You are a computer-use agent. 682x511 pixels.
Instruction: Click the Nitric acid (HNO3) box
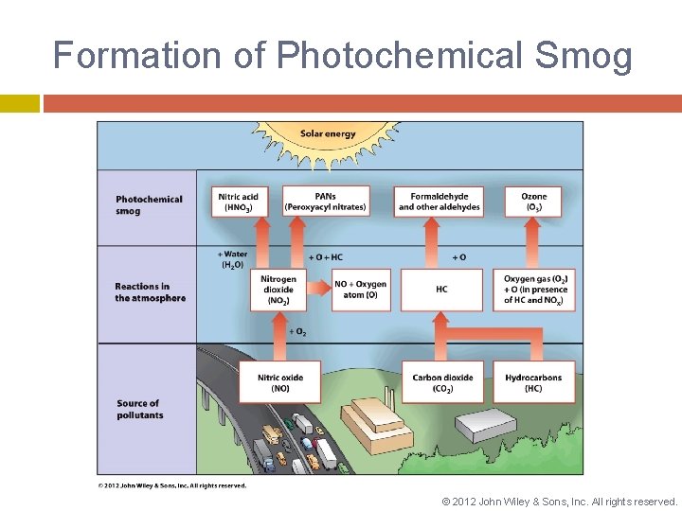(x=239, y=202)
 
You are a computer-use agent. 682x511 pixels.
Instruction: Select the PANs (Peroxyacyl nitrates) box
(x=325, y=202)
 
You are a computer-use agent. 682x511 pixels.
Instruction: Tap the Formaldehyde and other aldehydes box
(x=439, y=202)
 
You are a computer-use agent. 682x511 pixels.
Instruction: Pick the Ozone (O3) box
(x=533, y=202)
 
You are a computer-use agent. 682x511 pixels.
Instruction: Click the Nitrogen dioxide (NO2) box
(x=279, y=290)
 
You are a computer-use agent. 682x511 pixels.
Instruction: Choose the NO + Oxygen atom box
(x=360, y=290)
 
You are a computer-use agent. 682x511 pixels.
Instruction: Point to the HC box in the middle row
(x=441, y=290)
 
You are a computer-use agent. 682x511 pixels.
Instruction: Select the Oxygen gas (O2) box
(x=536, y=290)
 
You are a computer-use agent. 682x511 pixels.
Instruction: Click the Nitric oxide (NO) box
(x=280, y=382)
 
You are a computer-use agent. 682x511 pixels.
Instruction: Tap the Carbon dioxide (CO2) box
(x=442, y=382)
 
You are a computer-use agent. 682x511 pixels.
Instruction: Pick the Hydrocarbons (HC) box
(x=533, y=382)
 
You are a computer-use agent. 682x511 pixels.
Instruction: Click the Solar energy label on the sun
(x=328, y=133)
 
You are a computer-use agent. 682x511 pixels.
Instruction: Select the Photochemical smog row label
(x=149, y=205)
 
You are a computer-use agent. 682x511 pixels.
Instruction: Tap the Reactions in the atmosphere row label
(x=150, y=292)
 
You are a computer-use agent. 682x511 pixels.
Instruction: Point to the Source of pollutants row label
(x=139, y=409)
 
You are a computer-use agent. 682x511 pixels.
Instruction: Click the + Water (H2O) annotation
(x=233, y=259)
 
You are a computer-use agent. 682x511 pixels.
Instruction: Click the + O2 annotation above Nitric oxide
(x=296, y=332)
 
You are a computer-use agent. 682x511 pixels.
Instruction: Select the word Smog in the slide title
(x=583, y=56)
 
